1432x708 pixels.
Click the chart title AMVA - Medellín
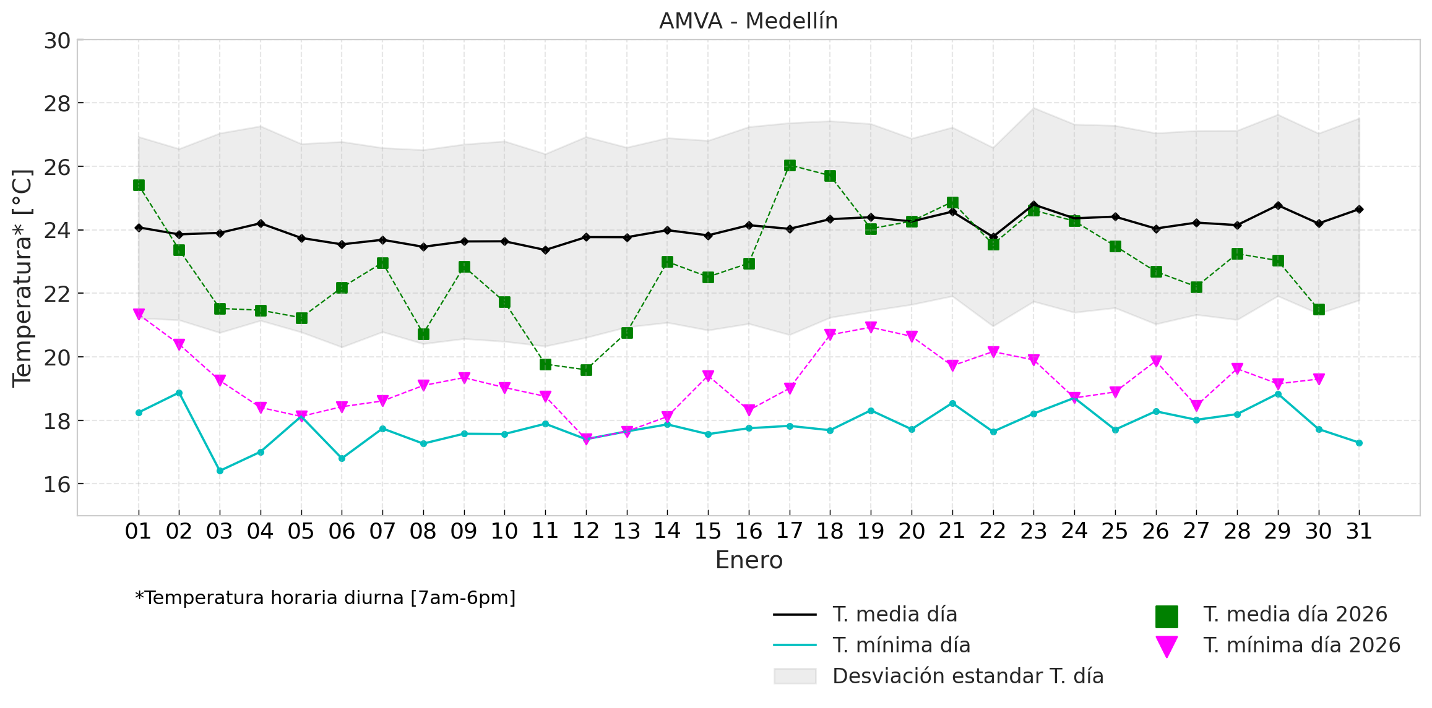pyautogui.click(x=748, y=21)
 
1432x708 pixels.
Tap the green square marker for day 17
pyautogui.click(x=790, y=165)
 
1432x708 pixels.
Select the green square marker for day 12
pyautogui.click(x=586, y=370)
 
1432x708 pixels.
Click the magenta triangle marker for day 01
pyautogui.click(x=139, y=314)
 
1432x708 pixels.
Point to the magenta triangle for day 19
pyautogui.click(x=871, y=327)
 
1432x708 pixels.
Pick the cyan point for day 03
pyautogui.click(x=220, y=471)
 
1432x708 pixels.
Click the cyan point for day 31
pyautogui.click(x=1359, y=443)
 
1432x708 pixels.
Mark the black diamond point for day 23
pyautogui.click(x=1033, y=205)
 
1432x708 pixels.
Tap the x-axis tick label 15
pyautogui.click(x=708, y=531)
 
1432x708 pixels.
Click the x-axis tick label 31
pyautogui.click(x=1359, y=531)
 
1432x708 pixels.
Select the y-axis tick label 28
pyautogui.click(x=57, y=104)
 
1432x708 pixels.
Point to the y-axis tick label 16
pyautogui.click(x=57, y=484)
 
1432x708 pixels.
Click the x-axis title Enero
pyautogui.click(x=749, y=560)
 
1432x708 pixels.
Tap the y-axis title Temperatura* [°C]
pyautogui.click(x=22, y=278)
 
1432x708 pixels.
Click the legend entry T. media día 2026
pyautogui.click(x=1295, y=615)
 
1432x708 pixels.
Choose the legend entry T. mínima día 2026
pyautogui.click(x=1301, y=646)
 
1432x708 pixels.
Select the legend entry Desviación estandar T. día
pyautogui.click(x=968, y=676)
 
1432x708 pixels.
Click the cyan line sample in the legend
pyautogui.click(x=795, y=646)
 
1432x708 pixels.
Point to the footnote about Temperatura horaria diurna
pyautogui.click(x=326, y=598)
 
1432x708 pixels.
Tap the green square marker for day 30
pyautogui.click(x=1319, y=309)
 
